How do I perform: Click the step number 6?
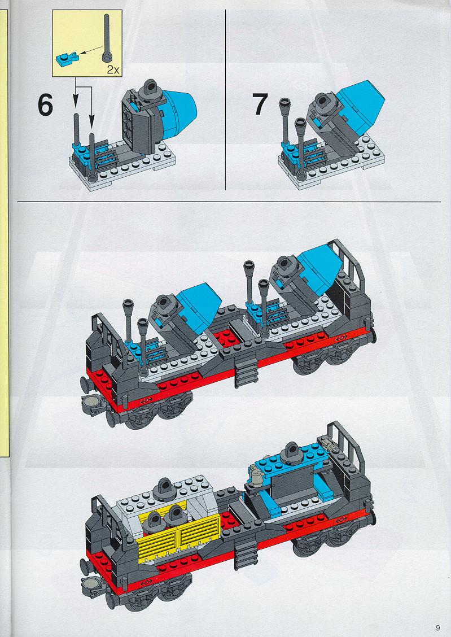[x=45, y=105]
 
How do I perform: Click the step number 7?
[x=260, y=104]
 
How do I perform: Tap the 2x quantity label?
[x=113, y=70]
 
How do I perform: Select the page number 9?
[x=437, y=627]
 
